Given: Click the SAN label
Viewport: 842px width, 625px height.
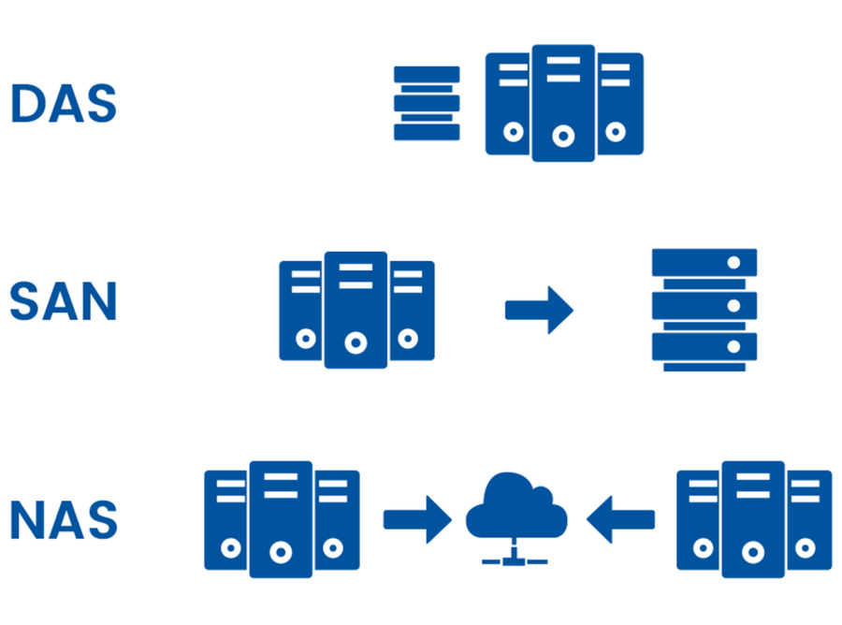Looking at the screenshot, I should coord(64,301).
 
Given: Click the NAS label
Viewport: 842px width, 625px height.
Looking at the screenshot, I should coord(64,519).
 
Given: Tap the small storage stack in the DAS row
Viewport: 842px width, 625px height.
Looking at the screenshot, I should coord(427,103).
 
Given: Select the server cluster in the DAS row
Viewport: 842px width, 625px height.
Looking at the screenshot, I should coord(564,103).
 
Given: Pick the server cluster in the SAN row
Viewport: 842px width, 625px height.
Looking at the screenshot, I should coord(356,310).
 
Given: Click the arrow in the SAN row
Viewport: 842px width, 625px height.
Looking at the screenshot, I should coord(539,310).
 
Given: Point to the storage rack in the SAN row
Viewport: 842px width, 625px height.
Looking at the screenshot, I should coord(704,310).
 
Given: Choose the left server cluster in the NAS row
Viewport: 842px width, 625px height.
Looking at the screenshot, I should coord(282,519).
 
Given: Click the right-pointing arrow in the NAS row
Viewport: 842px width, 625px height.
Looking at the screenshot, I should coord(417,519).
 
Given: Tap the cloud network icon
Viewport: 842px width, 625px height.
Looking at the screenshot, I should coord(516,519).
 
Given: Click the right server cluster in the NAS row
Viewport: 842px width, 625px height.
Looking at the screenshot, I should coord(754,519).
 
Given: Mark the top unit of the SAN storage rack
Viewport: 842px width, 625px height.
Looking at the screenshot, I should coord(704,262).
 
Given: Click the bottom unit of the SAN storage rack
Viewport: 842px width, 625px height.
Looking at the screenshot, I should coord(704,347).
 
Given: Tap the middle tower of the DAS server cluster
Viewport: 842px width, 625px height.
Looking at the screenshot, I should coord(563,103).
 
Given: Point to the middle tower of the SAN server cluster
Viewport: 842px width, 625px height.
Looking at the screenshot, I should coord(356,310).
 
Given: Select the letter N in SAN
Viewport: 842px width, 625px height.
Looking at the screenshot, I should coord(98,301).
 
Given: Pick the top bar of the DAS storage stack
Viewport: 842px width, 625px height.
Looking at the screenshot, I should coord(427,75).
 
